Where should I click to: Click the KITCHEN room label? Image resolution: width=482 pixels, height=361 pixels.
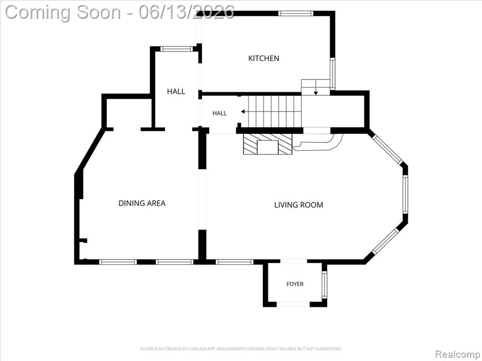click(x=264, y=58)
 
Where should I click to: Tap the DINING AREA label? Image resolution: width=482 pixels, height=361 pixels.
click(x=142, y=203)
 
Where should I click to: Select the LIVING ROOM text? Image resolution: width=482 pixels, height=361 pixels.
click(x=298, y=205)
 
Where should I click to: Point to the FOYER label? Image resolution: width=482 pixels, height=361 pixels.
click(x=295, y=284)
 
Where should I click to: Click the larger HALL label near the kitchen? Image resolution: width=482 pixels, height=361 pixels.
click(x=176, y=91)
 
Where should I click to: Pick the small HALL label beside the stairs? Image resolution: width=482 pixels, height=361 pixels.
click(x=219, y=113)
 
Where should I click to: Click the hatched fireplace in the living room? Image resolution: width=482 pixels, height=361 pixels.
click(x=267, y=144)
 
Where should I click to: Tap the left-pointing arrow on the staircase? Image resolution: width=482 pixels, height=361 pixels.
click(x=243, y=111)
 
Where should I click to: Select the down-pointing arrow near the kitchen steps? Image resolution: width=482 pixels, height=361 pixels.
click(x=316, y=93)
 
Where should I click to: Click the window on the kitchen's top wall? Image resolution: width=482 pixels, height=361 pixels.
click(x=296, y=13)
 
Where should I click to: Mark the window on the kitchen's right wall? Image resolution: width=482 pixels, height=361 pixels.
click(x=332, y=74)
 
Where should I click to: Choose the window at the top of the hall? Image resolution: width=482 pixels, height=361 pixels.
click(x=177, y=48)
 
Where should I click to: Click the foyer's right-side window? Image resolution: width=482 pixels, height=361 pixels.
click(x=324, y=284)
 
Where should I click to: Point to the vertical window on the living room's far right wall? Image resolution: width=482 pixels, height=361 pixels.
click(x=405, y=194)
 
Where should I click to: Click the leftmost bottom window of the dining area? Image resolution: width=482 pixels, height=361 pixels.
click(x=118, y=262)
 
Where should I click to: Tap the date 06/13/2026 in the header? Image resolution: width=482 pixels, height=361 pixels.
click(x=186, y=12)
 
